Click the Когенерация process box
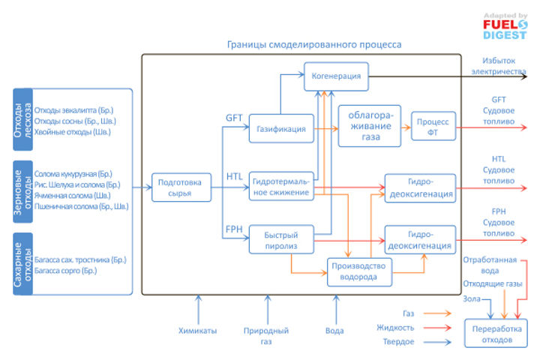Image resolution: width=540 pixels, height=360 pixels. point(337,76)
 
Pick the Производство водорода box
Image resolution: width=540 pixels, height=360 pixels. point(361,271)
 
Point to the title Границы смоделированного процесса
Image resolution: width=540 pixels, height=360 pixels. point(314,45)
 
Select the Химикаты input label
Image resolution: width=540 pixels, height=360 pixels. point(198,329)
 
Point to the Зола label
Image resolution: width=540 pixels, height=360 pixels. point(472,298)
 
